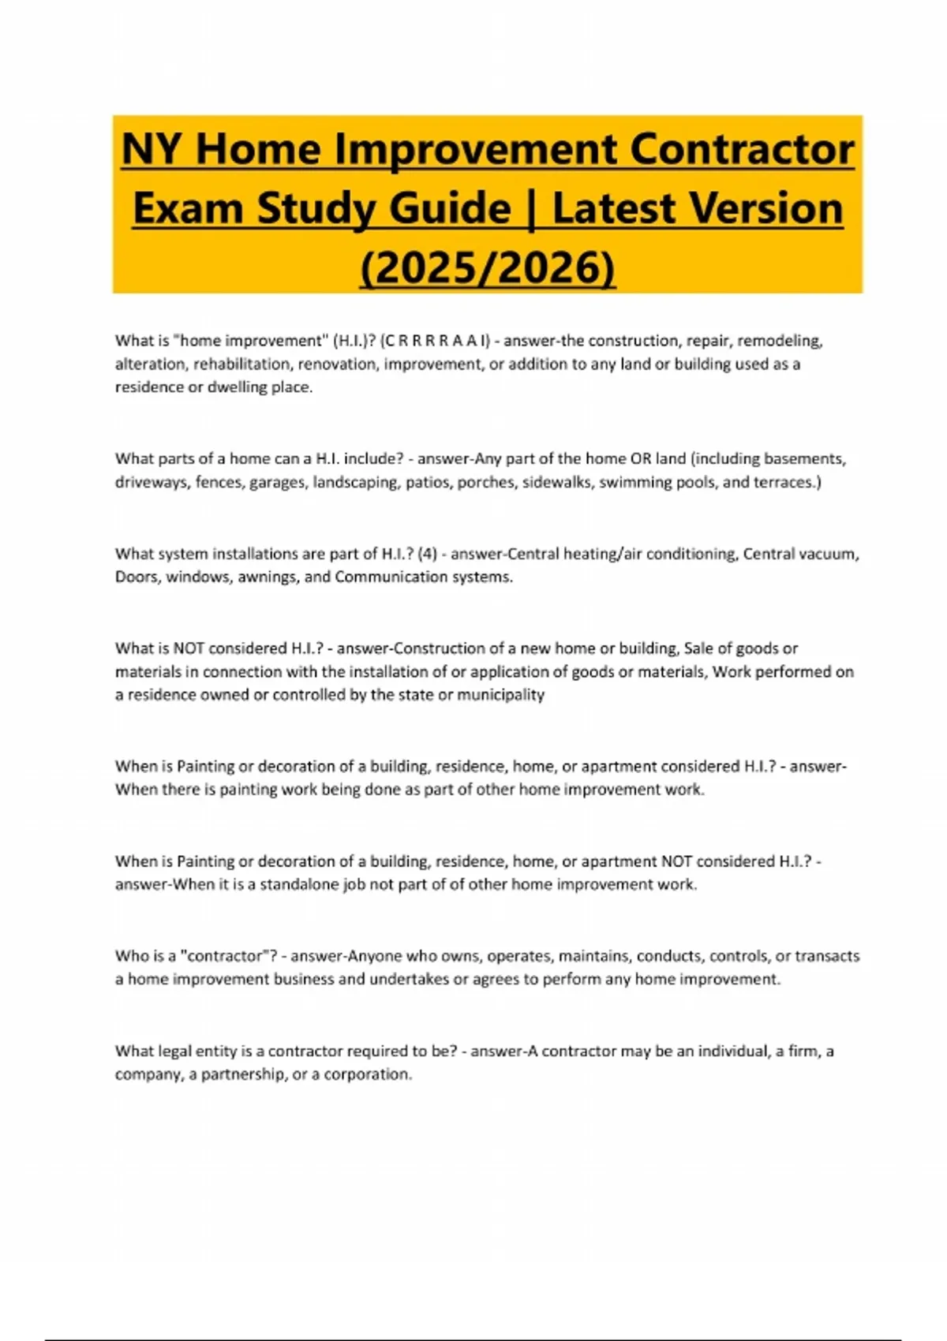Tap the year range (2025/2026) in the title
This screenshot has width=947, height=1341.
point(488,268)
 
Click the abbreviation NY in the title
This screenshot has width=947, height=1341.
point(152,150)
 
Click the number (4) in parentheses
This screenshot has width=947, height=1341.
point(427,554)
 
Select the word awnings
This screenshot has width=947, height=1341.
point(265,577)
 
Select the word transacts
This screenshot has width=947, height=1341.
point(827,956)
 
